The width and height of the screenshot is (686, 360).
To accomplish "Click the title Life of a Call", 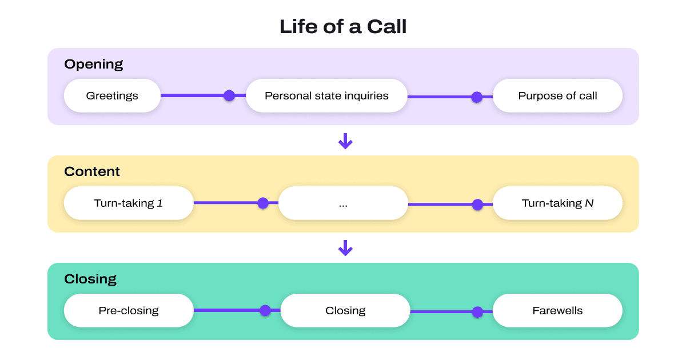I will [343, 27].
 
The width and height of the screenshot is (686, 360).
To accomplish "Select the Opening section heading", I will [93, 64].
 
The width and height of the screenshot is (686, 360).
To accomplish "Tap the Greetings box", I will [112, 95].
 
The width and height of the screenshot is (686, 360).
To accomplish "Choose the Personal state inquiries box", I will [326, 95].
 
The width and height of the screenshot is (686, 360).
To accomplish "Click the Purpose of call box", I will [557, 95].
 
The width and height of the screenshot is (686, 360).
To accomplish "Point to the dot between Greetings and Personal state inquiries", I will [229, 95].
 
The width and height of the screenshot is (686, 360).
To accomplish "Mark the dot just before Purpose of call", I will [477, 97].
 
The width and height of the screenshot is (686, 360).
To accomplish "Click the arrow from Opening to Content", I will [345, 141].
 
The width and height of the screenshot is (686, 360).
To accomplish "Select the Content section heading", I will [92, 171].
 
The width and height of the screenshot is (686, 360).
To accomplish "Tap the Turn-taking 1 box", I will [129, 203].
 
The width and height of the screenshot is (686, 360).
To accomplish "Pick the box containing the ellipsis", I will [343, 203].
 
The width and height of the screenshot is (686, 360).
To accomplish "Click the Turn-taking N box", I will [557, 203].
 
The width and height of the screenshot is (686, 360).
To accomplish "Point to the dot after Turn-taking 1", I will [263, 203].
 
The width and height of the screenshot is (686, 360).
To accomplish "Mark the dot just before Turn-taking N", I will [478, 205].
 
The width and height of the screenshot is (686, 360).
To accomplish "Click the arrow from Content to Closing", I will [345, 248].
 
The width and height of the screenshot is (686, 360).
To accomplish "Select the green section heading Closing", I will [90, 279].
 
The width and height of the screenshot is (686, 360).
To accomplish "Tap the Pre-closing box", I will [129, 310].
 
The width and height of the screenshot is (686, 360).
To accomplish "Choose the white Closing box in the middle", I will [345, 310].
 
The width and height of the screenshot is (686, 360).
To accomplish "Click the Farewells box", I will [557, 310].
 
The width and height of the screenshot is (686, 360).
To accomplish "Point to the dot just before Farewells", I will [478, 312].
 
